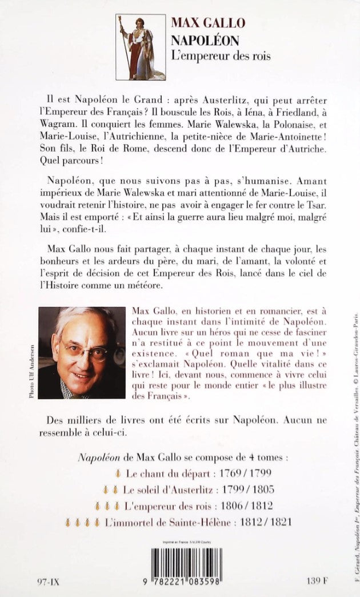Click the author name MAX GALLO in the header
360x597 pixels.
[x=207, y=23]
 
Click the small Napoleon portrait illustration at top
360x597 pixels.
[x=141, y=47]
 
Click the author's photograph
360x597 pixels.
[x=81, y=352]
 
